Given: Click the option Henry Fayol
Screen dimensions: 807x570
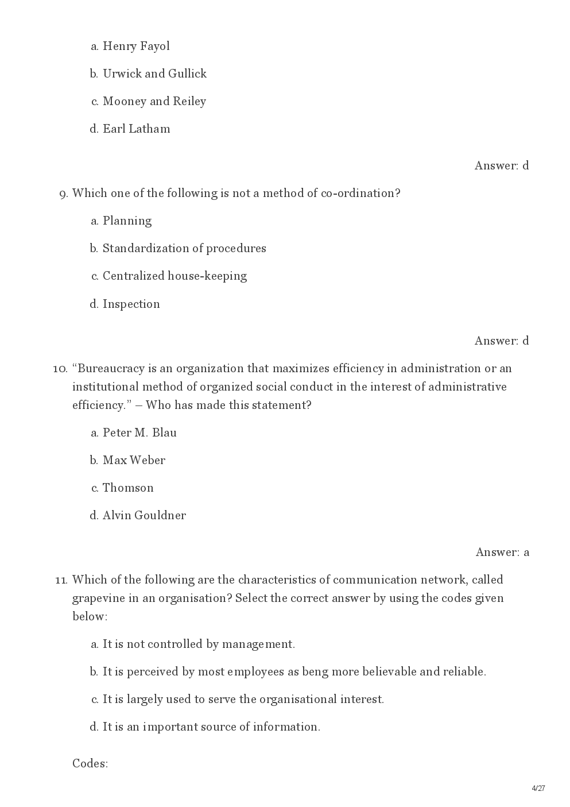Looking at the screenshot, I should (136, 46).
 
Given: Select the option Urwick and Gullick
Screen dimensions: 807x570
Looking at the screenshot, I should (154, 74).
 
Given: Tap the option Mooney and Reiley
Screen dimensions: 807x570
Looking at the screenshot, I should (154, 101).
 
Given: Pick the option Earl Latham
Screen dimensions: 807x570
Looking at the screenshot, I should (136, 129).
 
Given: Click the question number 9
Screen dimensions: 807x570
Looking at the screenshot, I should (64, 194).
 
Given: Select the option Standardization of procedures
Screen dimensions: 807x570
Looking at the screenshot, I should (184, 248).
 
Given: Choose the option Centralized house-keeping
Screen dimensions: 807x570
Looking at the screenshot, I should (175, 276).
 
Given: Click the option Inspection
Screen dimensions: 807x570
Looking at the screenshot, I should (131, 304).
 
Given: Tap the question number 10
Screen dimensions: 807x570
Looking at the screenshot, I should (60, 369).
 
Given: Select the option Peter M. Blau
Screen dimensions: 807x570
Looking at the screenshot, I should (139, 433).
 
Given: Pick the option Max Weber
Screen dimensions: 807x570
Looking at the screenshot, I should (134, 460).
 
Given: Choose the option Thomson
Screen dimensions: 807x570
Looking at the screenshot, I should (128, 488).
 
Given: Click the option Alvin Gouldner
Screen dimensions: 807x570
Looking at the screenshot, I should (144, 515).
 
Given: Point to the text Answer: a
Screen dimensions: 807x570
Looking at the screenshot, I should (502, 552).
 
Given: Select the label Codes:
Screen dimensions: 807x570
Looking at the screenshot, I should (90, 763).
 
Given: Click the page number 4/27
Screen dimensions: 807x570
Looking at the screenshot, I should (538, 788).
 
